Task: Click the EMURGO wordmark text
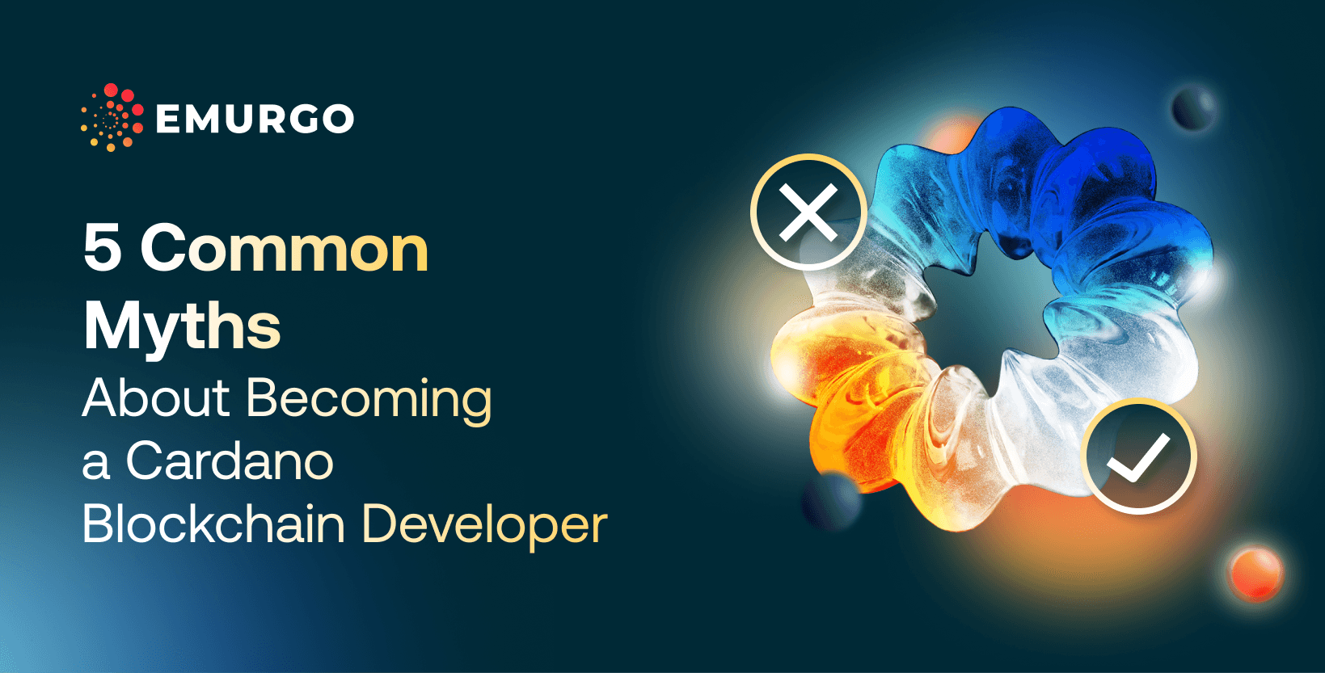tap(254, 119)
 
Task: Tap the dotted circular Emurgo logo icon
tap(112, 118)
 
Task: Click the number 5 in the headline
tap(103, 249)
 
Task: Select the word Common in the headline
tap(284, 249)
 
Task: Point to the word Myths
tap(182, 327)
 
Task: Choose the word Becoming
tap(369, 399)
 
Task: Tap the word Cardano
tap(229, 461)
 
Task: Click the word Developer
tap(483, 525)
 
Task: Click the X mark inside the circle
tap(808, 212)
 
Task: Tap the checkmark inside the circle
tap(1138, 456)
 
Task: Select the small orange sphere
tap(1255, 572)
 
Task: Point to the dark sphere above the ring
tap(1193, 107)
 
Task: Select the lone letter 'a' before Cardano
tap(95, 464)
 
